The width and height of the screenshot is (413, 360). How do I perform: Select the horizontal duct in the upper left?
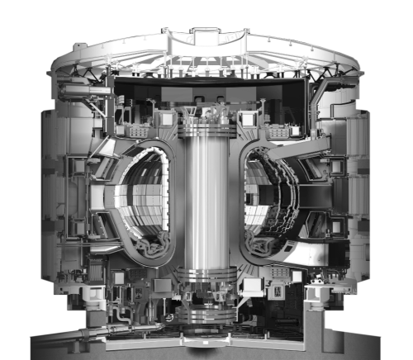78,84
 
